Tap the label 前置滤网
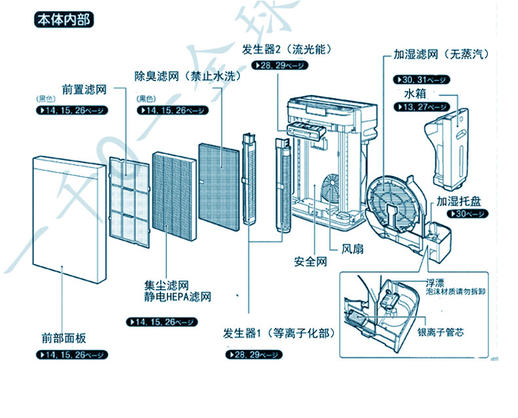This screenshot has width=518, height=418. pyautogui.click(x=84, y=88)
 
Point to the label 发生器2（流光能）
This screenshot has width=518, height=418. pyautogui.click(x=283, y=50)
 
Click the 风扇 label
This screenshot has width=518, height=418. pyautogui.click(x=353, y=249)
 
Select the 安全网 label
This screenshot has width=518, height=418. pyautogui.click(x=310, y=261)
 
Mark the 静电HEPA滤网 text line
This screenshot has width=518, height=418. pyautogui.click(x=178, y=297)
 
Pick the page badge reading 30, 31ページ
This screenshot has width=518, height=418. pyautogui.click(x=421, y=80)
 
